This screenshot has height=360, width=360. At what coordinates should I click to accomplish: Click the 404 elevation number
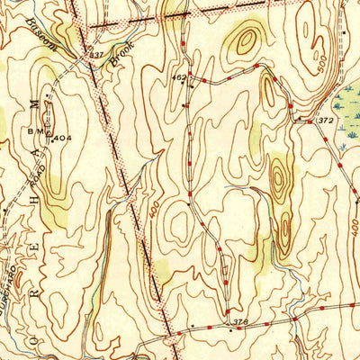point(61,139)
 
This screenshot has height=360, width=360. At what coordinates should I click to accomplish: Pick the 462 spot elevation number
point(179,78)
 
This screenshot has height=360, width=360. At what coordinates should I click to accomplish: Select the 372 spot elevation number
point(326,120)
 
